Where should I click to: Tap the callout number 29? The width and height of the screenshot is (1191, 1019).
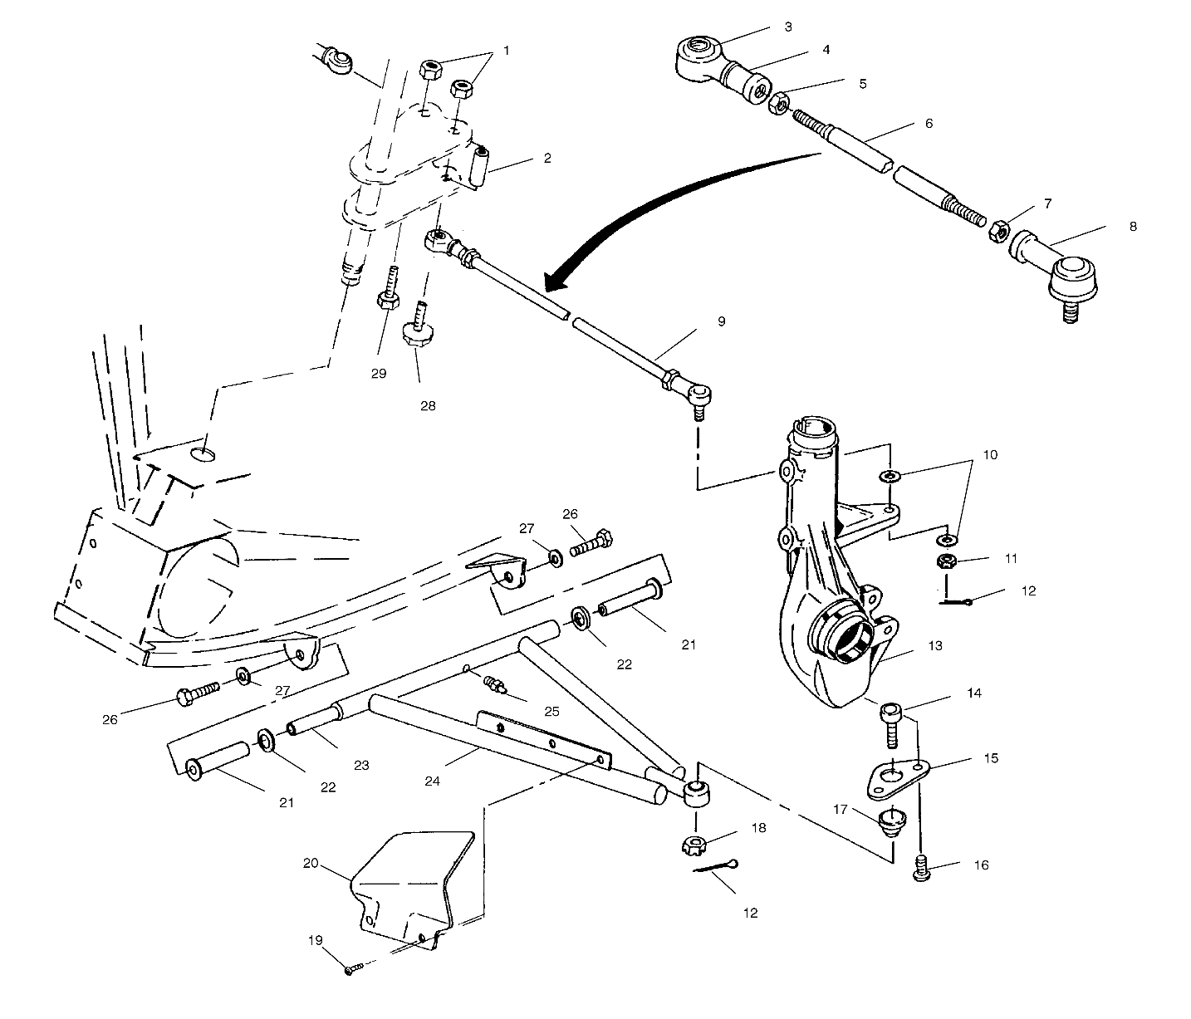[379, 374]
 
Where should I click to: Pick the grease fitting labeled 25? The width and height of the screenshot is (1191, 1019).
[495, 687]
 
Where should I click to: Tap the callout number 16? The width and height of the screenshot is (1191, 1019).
[981, 865]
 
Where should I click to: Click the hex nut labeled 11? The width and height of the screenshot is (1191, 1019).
[946, 561]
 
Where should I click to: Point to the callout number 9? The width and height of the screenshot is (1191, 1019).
[721, 321]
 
